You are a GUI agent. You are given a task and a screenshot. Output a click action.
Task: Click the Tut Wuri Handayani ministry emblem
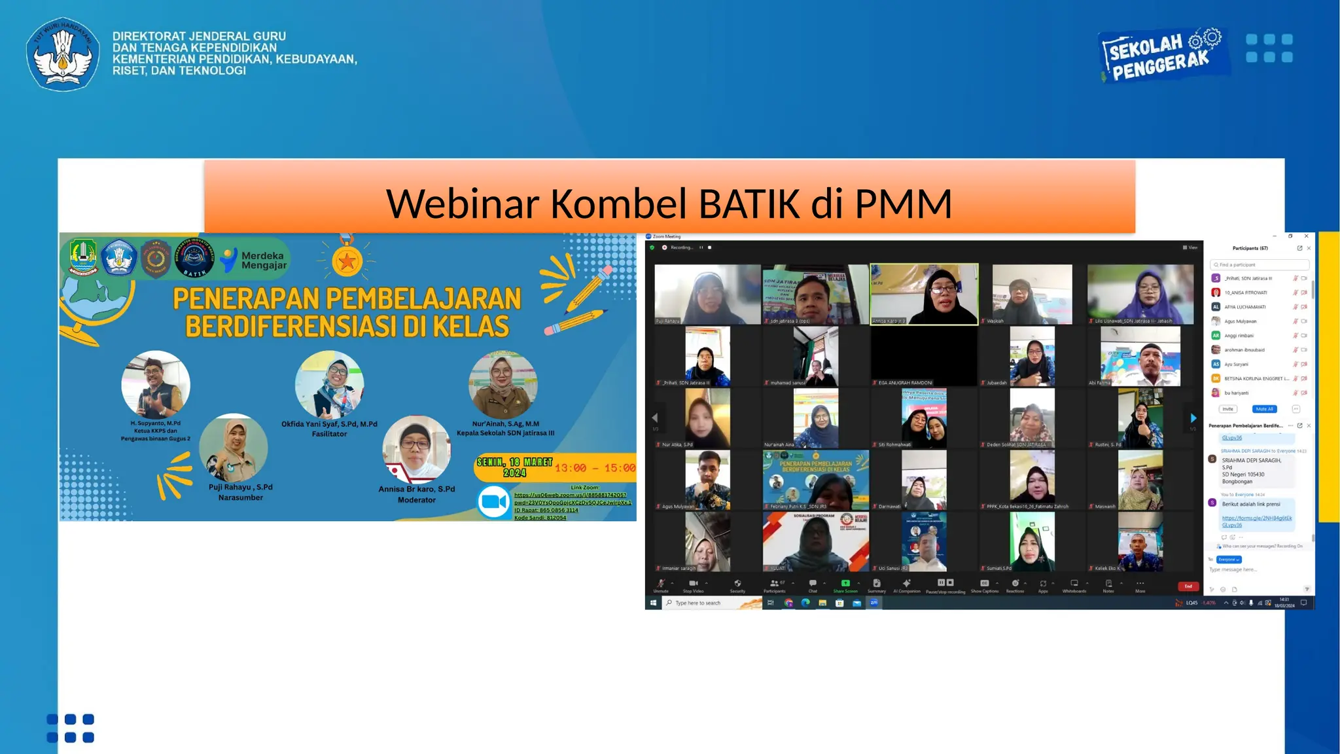tap(63, 54)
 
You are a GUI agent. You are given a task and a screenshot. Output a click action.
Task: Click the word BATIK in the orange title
tap(749, 204)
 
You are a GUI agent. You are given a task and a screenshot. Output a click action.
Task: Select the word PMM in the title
tap(903, 204)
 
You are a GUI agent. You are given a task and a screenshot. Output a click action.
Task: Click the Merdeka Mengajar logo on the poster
tap(255, 260)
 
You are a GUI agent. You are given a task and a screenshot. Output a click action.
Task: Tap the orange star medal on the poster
tap(347, 261)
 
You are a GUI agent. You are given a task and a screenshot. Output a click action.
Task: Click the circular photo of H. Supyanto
tap(156, 384)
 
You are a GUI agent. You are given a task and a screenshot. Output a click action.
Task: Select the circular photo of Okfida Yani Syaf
tap(329, 384)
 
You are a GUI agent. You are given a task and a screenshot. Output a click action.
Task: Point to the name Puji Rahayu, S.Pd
tap(240, 487)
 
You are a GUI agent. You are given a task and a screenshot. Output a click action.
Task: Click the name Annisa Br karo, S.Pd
tap(416, 489)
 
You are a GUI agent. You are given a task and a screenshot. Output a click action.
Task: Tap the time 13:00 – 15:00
tap(595, 468)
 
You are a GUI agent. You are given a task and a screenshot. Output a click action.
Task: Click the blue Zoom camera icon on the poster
tap(494, 502)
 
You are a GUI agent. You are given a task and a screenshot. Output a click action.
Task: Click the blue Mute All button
tap(1264, 409)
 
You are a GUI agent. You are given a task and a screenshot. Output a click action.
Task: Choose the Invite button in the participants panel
tap(1227, 409)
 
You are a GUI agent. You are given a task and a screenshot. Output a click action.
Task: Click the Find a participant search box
tap(1260, 264)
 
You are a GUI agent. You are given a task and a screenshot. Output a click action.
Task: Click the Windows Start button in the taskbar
tap(653, 603)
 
